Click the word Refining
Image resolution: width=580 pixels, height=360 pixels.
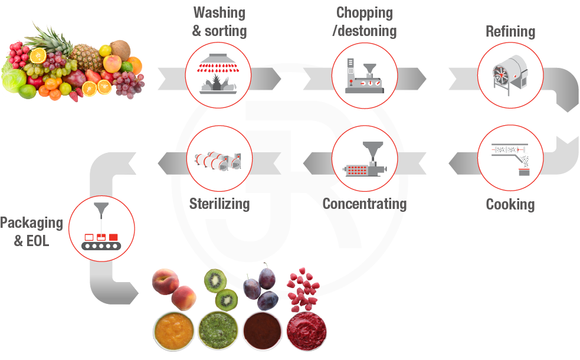click(510, 31)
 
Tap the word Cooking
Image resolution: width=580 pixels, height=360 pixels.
click(510, 204)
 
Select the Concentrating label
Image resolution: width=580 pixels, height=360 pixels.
click(365, 204)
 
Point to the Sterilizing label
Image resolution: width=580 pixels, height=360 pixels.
click(219, 204)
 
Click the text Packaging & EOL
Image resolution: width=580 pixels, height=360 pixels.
click(31, 231)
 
